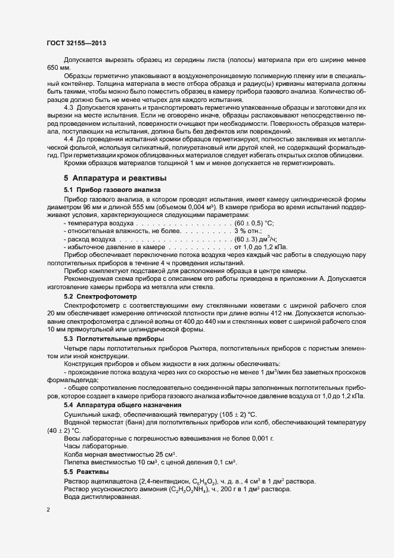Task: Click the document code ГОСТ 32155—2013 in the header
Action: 76,43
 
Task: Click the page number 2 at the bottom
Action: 48,510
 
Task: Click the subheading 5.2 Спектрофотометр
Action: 100,296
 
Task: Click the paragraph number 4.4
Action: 70,139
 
